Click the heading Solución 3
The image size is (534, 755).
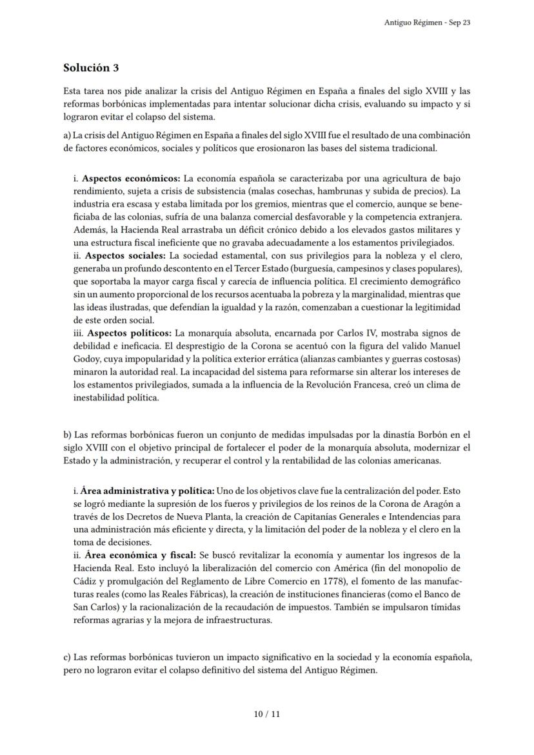pos(91,68)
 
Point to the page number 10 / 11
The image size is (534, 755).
pos(267,714)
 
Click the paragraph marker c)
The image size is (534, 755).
pos(67,657)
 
